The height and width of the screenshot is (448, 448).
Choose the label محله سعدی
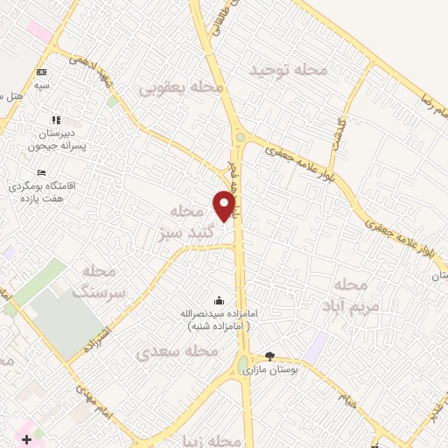(x=178, y=351)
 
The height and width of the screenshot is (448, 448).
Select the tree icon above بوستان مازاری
(x=269, y=356)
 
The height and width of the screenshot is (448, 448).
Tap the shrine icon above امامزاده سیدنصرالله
(x=218, y=301)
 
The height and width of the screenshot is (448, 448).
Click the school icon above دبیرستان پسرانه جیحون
(x=57, y=119)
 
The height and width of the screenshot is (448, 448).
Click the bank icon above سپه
(x=41, y=73)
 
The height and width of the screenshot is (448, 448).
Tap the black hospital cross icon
(x=25, y=437)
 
